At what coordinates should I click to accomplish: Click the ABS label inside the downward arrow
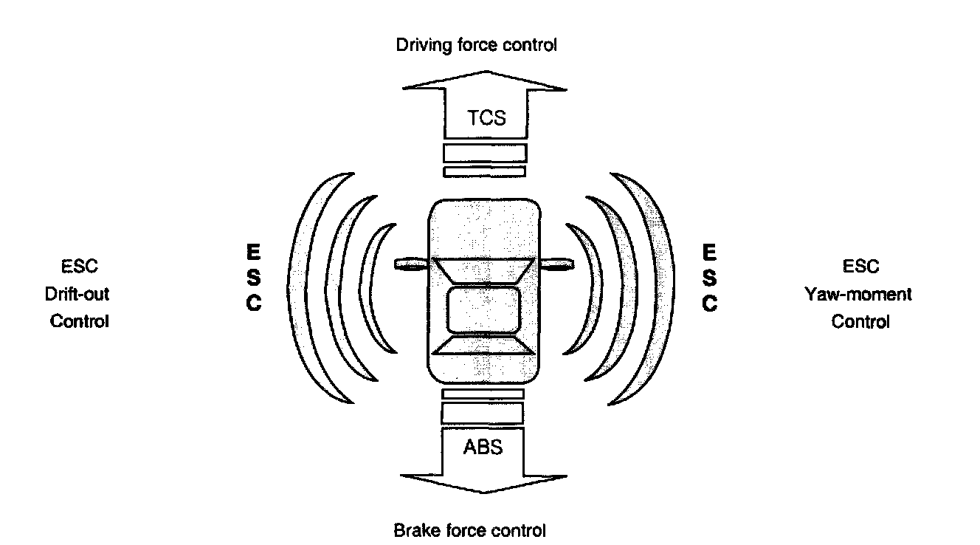[x=484, y=448]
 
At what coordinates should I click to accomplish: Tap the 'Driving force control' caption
[x=477, y=45]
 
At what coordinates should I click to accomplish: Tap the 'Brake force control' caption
[x=470, y=530]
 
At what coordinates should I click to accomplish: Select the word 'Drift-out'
[x=77, y=294]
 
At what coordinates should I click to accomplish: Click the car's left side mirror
[x=412, y=263]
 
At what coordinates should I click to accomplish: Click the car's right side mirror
[x=557, y=263]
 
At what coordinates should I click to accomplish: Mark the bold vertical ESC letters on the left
[x=252, y=278]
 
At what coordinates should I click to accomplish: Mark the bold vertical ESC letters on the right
[x=709, y=278]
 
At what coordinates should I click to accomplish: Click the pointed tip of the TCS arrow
[x=485, y=72]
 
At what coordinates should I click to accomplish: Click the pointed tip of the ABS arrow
[x=484, y=492]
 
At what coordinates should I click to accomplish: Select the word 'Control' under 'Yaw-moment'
[x=860, y=322]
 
